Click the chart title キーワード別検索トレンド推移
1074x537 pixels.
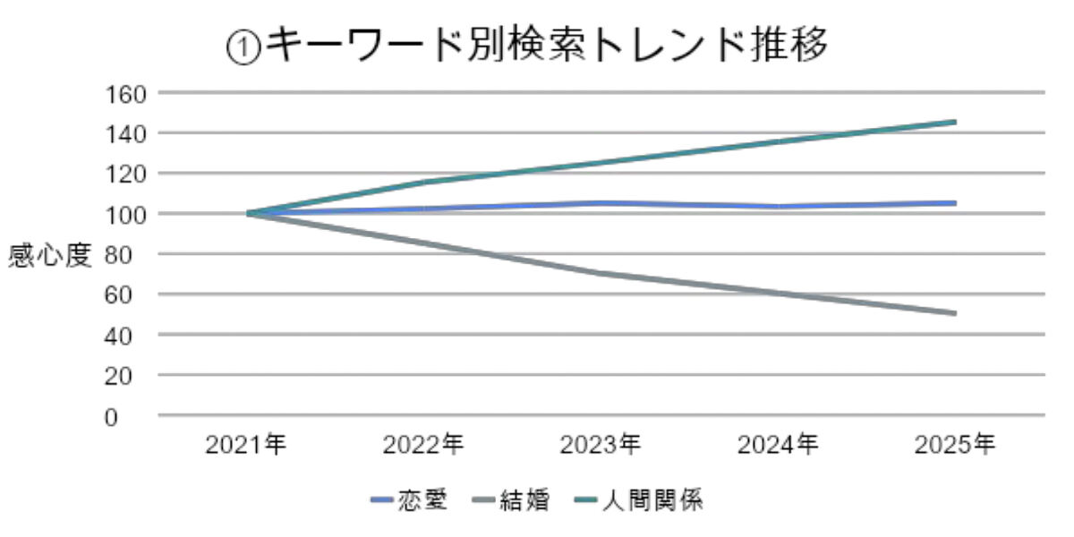[528, 45]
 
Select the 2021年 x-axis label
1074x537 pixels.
[246, 445]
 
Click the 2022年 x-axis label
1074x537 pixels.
[423, 445]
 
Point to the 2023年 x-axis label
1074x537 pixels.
[601, 445]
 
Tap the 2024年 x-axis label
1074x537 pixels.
[778, 445]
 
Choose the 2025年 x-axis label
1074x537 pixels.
[955, 445]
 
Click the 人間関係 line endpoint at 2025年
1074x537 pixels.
[954, 122]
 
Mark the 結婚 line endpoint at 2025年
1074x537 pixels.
[954, 313]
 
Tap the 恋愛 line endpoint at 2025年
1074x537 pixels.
[954, 203]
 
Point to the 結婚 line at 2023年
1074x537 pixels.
[601, 273]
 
